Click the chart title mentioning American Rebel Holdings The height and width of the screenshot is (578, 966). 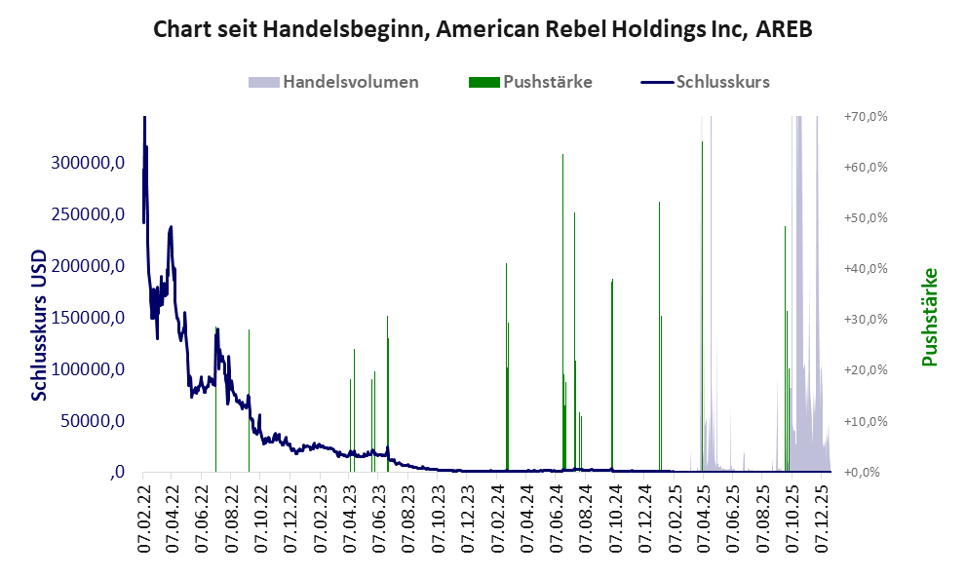click(x=483, y=30)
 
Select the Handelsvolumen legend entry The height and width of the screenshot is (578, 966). click(x=350, y=82)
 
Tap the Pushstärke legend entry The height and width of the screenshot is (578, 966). click(x=546, y=82)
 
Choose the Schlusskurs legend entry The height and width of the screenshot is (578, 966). click(x=722, y=82)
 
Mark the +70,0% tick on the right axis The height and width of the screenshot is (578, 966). click(x=865, y=116)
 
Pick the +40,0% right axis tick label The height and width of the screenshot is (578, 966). click(x=865, y=268)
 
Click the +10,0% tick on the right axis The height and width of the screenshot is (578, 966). click(x=865, y=421)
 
